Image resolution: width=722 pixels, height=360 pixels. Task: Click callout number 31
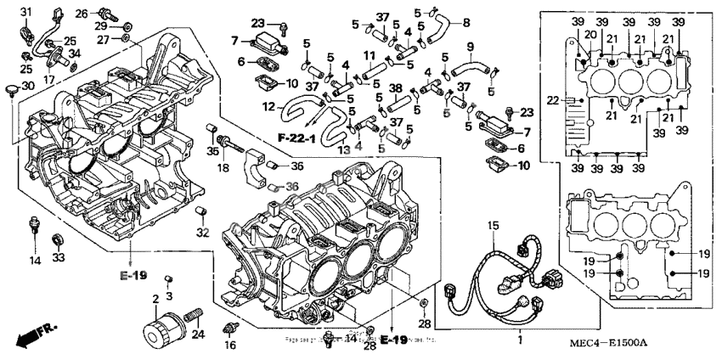pyautogui.click(x=25, y=10)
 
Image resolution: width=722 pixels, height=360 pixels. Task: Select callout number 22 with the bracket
pyautogui.click(x=552, y=100)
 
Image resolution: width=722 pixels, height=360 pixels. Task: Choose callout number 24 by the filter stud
pyautogui.click(x=200, y=334)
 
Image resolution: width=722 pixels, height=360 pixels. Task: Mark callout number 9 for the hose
pyautogui.click(x=470, y=45)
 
